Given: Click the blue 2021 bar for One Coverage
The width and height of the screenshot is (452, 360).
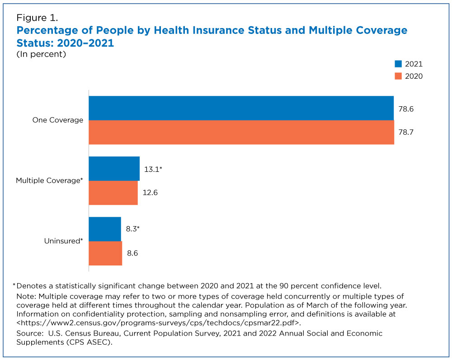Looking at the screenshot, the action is click(241, 108).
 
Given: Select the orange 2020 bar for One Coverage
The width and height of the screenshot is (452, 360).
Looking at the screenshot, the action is click(241, 132).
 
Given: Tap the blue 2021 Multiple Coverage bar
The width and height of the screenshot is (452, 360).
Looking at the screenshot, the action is click(114, 169).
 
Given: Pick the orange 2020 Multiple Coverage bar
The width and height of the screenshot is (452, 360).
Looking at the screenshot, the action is click(113, 193).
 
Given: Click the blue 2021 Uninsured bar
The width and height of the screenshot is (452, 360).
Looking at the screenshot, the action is click(105, 229).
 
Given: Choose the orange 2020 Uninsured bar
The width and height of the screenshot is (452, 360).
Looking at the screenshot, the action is click(105, 253).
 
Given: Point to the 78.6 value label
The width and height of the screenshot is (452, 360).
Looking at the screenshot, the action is click(406, 109).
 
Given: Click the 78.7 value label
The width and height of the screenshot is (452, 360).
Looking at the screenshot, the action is click(406, 132).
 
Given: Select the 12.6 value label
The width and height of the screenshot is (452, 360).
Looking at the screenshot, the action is click(150, 192).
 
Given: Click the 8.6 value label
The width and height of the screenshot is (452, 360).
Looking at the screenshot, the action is click(132, 253).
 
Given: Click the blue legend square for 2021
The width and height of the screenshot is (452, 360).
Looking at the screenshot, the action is click(398, 64).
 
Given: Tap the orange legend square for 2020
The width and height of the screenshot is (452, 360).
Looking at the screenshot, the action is click(398, 76).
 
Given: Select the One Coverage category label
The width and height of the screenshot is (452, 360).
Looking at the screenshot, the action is click(58, 120).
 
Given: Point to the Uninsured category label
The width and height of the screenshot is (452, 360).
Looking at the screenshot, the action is click(63, 241).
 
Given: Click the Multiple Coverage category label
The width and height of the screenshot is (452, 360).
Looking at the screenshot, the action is click(49, 180).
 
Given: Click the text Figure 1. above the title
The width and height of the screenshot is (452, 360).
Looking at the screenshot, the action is click(37, 18).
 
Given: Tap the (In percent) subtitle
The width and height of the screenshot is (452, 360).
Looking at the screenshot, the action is click(41, 54).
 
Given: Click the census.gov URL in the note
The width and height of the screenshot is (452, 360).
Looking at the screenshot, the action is click(159, 322).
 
